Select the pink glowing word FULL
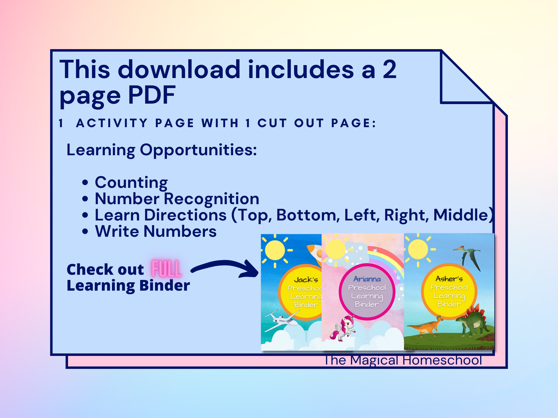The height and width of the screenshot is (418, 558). point(167,269)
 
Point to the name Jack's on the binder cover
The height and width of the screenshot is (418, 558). point(306,279)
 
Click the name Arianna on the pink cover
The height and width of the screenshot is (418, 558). point(367,279)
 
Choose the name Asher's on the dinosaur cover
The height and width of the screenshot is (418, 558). point(449,279)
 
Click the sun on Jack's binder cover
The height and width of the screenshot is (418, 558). point(275,250)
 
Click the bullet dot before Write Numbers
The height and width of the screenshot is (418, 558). point(85,232)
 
